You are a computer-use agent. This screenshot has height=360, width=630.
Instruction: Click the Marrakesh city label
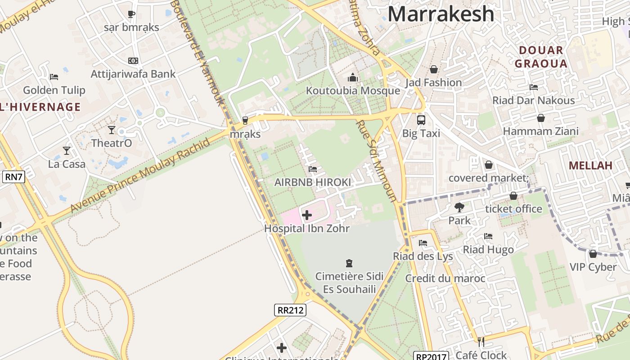pyautogui.click(x=441, y=14)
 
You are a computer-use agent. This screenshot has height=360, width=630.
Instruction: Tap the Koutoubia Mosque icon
pyautogui.click(x=353, y=78)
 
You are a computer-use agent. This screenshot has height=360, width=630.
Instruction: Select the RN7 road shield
pyautogui.click(x=13, y=177)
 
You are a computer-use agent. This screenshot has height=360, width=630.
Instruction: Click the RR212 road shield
pyautogui.click(x=290, y=310)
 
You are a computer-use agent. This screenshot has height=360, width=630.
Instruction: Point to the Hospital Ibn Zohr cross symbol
pyautogui.click(x=307, y=215)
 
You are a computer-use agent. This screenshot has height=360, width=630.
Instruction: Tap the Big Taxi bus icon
pyautogui.click(x=421, y=120)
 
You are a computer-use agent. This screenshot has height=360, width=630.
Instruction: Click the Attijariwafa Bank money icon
pyautogui.click(x=133, y=61)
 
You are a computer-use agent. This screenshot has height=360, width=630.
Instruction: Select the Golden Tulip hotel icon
pyautogui.click(x=54, y=77)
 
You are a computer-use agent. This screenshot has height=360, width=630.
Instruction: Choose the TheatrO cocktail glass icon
pyautogui.click(x=112, y=130)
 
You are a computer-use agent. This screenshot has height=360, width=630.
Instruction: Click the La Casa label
pyautogui.click(x=67, y=164)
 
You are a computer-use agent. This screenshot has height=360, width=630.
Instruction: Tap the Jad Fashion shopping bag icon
pyautogui.click(x=434, y=69)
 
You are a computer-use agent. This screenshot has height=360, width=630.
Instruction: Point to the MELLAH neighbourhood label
pyautogui.click(x=590, y=165)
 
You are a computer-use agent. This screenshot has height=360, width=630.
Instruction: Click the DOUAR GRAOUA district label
pyautogui.click(x=541, y=57)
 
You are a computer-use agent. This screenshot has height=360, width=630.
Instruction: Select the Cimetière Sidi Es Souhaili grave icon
pyautogui.click(x=349, y=263)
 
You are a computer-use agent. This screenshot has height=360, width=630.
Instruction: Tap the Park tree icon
pyautogui.click(x=459, y=207)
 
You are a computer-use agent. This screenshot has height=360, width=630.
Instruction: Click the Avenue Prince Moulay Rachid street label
pyautogui.click(x=140, y=176)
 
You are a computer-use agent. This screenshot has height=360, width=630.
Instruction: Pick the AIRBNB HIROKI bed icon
pyautogui.click(x=313, y=169)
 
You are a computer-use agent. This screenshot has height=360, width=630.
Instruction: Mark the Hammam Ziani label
pyautogui.click(x=540, y=131)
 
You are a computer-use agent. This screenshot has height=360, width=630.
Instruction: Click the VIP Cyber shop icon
pyautogui.click(x=593, y=254)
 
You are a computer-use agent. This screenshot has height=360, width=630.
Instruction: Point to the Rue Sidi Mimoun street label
pyautogui.click(x=377, y=161)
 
